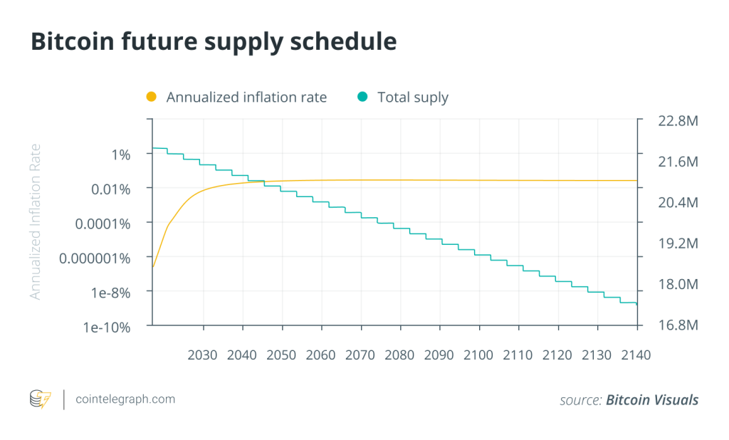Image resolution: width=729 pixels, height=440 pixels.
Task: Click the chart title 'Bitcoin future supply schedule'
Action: pos(213,41)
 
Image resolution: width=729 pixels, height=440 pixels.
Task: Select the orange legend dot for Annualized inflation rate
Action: pos(151,97)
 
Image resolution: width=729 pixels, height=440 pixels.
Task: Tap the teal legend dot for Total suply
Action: pos(362,97)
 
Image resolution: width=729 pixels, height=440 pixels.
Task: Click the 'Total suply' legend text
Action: pos(412,97)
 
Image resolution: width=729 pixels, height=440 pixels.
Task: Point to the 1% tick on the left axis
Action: pos(121,154)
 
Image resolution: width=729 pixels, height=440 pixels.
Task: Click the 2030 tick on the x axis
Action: pos(204,354)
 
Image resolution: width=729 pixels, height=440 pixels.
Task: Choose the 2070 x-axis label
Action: pos(361,354)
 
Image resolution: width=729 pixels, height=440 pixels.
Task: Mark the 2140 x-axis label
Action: pos(635,354)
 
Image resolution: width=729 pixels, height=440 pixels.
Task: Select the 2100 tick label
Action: pos(478,354)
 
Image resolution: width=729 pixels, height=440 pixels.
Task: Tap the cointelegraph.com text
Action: pos(125,399)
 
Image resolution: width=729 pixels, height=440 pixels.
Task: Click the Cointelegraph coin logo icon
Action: pos(41,399)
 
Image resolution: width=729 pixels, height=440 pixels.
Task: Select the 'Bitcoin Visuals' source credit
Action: pos(651,400)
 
